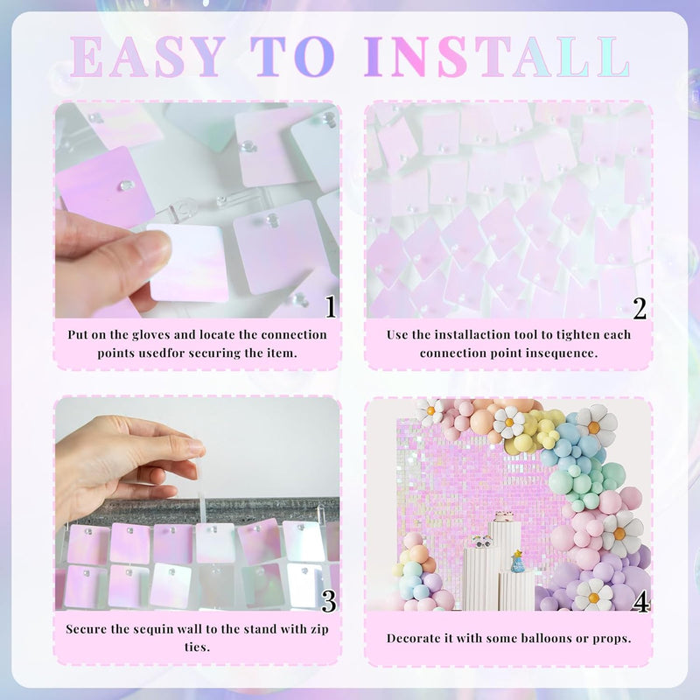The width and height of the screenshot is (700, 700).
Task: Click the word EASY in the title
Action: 147,57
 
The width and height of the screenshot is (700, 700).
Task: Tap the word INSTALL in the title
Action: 496,57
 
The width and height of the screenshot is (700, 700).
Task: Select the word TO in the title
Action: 292,57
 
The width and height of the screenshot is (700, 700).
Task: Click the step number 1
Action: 331,306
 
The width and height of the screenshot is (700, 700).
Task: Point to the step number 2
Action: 640,308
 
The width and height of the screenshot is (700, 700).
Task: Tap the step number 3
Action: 329,601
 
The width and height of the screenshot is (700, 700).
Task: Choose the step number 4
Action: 640,602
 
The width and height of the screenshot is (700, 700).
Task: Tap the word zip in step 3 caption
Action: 319,629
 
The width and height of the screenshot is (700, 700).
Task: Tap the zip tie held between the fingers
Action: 200,486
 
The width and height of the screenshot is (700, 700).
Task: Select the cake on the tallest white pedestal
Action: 504,516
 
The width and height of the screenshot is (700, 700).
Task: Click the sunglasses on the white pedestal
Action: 482,542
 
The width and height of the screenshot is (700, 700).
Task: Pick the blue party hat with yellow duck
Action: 517,561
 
